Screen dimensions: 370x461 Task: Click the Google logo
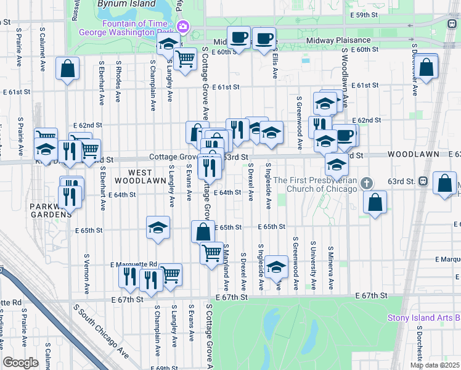20,363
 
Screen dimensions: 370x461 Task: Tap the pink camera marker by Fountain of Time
182,27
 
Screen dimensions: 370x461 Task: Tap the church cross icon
367,183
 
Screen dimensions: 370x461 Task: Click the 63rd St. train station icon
423,181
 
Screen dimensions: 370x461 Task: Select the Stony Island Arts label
423,318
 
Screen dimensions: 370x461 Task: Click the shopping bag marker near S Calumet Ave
68,68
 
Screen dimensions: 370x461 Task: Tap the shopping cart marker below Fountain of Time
185,59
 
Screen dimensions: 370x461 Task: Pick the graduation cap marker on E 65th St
158,228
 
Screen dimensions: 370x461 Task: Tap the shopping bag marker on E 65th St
203,232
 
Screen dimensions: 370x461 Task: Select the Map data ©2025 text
434,365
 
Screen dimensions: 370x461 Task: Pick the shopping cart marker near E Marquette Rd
170,275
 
